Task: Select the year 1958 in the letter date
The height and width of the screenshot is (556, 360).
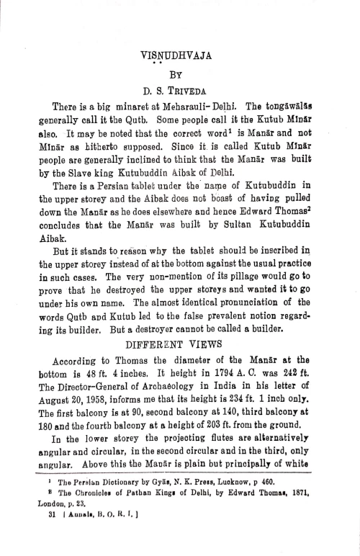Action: (x=94, y=390)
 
